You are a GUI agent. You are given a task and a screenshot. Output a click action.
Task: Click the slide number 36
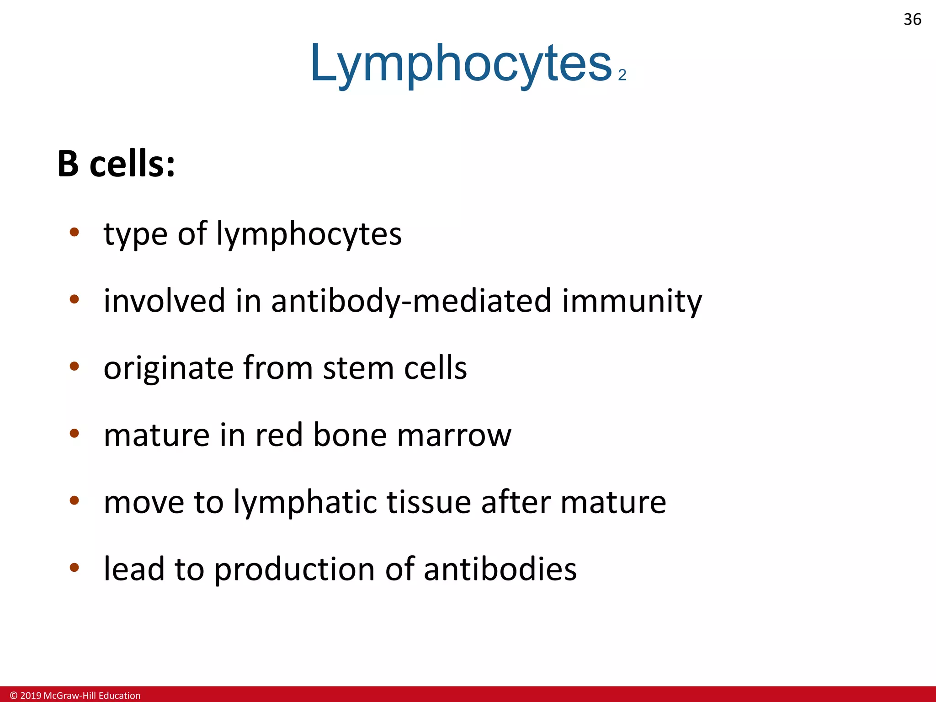pyautogui.click(x=912, y=20)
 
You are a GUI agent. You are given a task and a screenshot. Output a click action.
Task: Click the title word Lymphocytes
pyautogui.click(x=461, y=64)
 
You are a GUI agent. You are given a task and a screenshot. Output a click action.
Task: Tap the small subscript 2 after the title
pyautogui.click(x=622, y=75)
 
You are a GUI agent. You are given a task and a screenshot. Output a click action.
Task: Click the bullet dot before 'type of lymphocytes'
pyautogui.click(x=74, y=232)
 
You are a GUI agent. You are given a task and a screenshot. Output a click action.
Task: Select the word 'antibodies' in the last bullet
pyautogui.click(x=500, y=569)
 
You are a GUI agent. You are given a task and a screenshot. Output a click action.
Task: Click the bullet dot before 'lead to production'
pyautogui.click(x=74, y=568)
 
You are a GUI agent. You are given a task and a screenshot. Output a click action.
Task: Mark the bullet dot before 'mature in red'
pyautogui.click(x=74, y=433)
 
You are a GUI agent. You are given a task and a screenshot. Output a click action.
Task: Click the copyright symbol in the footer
pyautogui.click(x=14, y=696)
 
